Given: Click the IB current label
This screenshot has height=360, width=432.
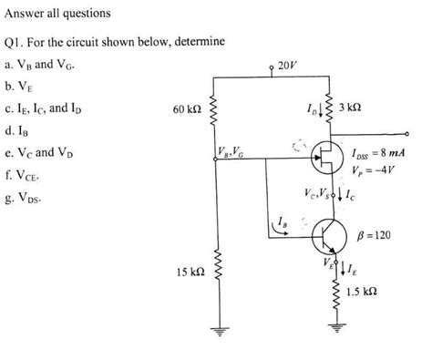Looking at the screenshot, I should point(284,221).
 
